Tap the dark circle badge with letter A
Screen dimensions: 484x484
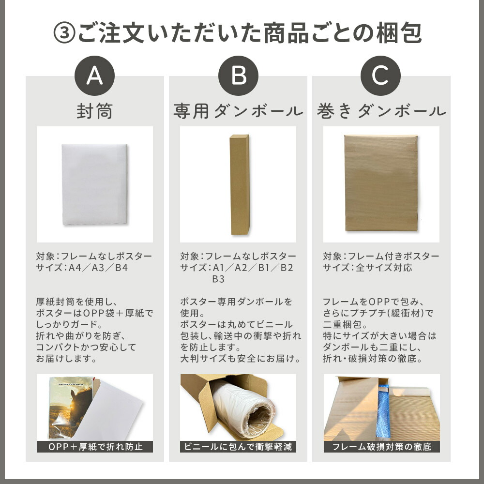pos(94,76)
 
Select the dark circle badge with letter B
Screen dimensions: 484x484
pos(238,76)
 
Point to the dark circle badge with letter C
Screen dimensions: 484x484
pos(380,76)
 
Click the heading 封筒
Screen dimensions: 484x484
pos(94,111)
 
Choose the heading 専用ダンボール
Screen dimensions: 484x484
pos(238,111)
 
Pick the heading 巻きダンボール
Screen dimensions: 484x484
pos(381,111)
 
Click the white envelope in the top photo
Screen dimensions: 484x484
pos(94,184)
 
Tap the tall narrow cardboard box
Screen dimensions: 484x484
pos(240,184)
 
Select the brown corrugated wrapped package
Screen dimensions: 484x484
pos(381,183)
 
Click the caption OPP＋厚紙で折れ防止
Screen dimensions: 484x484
pos(95,447)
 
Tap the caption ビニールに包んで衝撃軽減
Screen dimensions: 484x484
pos(238,447)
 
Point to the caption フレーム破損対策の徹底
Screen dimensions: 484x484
pos(381,447)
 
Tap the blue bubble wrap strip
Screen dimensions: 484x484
pos(383,410)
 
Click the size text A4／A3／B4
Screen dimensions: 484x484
pos(98,268)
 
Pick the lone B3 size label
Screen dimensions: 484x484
pos(218,279)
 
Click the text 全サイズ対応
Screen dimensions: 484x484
pos(384,268)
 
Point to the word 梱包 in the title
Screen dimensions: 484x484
pos(399,33)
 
